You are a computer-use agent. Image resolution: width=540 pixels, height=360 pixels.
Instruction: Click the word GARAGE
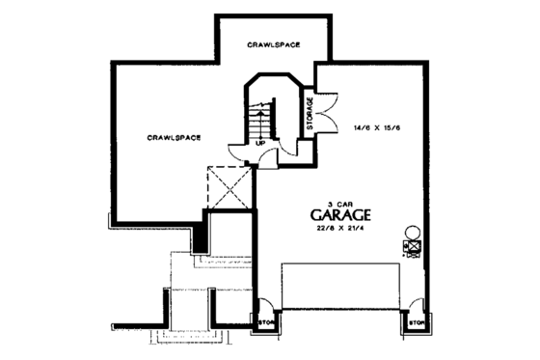tap(341, 214)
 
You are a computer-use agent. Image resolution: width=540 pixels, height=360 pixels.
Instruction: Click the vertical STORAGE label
tap(310, 113)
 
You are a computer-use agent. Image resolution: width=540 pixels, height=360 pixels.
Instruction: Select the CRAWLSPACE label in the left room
tap(174, 137)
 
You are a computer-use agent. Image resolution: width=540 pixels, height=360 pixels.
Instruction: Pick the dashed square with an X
tap(229, 187)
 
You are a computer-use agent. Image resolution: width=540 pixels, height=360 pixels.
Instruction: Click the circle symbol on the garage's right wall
tap(412, 232)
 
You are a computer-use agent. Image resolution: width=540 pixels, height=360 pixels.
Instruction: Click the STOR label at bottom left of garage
tap(264, 322)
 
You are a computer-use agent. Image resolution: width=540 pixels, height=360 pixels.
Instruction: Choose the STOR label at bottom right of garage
tap(417, 322)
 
